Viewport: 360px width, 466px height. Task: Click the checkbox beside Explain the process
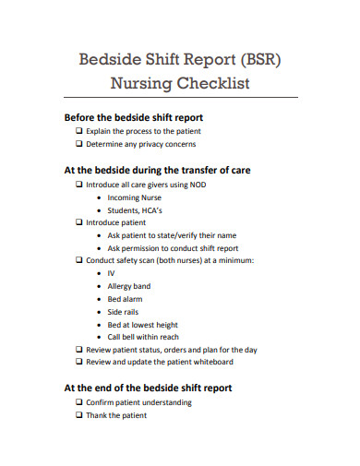(78, 131)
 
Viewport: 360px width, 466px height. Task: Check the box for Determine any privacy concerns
(78, 144)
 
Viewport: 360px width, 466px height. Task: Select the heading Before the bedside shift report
(133, 117)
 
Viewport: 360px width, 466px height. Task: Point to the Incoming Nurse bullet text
(134, 197)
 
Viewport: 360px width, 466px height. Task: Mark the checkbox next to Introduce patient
(78, 222)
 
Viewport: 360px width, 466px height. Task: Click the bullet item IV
(111, 273)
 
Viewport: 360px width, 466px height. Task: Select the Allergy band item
(128, 286)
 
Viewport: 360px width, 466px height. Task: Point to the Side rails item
(124, 312)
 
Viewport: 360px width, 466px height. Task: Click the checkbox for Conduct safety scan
(78, 260)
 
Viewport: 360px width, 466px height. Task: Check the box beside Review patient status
(78, 350)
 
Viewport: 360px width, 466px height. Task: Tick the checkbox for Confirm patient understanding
(78, 402)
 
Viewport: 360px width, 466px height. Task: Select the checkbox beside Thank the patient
(78, 415)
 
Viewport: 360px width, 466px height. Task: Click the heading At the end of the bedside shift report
(148, 388)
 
